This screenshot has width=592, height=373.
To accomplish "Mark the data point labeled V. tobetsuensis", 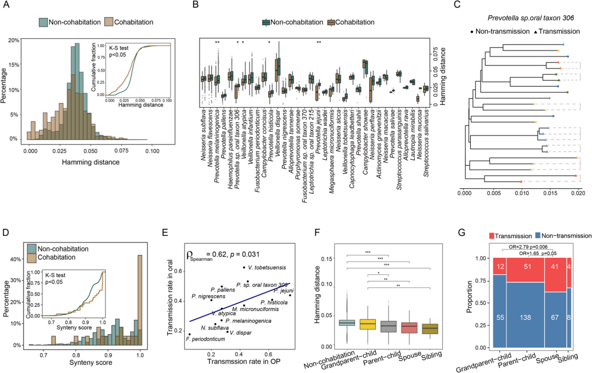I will coord(244,267).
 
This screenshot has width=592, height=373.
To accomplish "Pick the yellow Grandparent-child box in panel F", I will coord(368,324).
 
